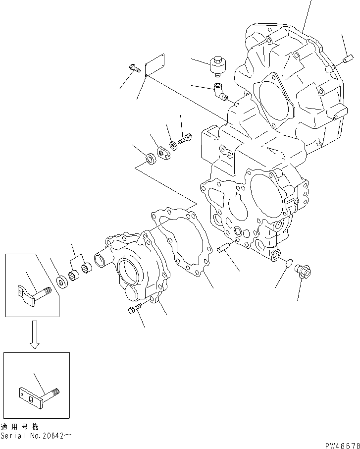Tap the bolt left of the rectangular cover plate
[134, 68]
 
